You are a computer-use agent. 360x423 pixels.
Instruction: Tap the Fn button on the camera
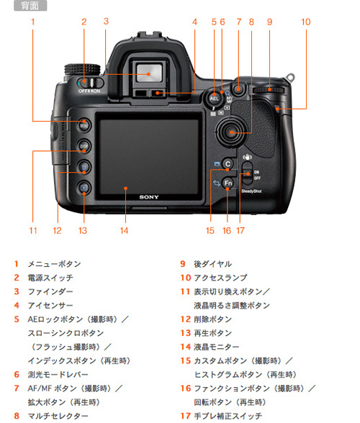coord(228,183)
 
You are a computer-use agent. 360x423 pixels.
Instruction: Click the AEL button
coord(214,97)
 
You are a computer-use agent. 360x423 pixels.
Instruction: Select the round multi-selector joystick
coord(231,132)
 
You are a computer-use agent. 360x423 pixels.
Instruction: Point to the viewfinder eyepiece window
coord(147,71)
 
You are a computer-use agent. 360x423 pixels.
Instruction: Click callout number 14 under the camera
coord(124,231)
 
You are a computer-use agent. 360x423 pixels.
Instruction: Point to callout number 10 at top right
coord(306,22)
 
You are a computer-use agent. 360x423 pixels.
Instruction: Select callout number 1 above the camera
coord(33,22)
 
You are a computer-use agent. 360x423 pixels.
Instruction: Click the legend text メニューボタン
coord(54,264)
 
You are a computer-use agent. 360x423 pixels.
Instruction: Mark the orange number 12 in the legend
coord(184,319)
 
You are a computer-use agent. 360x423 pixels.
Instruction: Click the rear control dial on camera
coord(269,89)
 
